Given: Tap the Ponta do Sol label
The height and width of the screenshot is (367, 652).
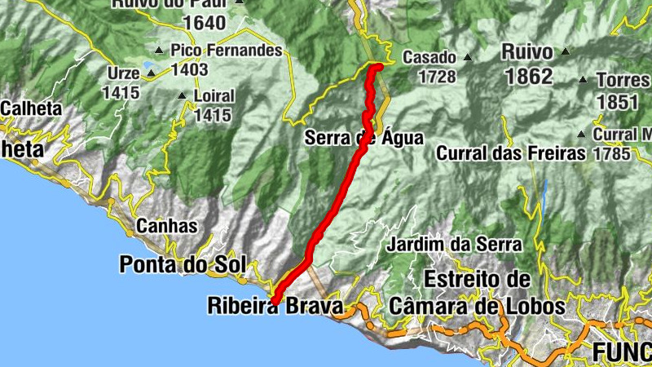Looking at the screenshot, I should pyautogui.click(x=183, y=264).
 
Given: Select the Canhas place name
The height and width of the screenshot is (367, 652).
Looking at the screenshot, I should pyautogui.click(x=167, y=226).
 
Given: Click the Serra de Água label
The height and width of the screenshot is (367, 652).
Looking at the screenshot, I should pyautogui.click(x=364, y=138).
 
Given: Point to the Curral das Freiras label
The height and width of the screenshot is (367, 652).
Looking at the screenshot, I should pyautogui.click(x=511, y=153).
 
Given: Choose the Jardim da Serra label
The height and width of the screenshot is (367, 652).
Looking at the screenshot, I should pyautogui.click(x=454, y=244).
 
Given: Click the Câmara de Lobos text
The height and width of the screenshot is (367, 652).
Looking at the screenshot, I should pyautogui.click(x=477, y=307).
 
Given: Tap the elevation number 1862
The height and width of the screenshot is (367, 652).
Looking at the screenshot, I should pyautogui.click(x=528, y=77).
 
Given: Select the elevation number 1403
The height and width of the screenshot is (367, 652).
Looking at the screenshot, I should pyautogui.click(x=189, y=69).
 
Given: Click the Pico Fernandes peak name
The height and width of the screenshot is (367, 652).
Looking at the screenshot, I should pyautogui.click(x=227, y=51).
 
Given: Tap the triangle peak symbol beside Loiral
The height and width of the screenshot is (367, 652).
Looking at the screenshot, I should pyautogui.click(x=182, y=95).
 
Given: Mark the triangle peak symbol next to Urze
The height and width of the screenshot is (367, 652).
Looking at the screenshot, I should pyautogui.click(x=151, y=73).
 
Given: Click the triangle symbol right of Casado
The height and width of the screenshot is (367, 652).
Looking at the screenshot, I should pyautogui.click(x=468, y=57).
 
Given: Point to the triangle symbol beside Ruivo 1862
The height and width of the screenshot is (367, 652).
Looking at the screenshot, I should pyautogui.click(x=564, y=51).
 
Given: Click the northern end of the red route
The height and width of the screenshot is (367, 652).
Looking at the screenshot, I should pyautogui.click(x=378, y=65).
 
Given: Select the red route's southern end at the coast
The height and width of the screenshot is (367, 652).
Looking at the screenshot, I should pyautogui.click(x=274, y=302).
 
